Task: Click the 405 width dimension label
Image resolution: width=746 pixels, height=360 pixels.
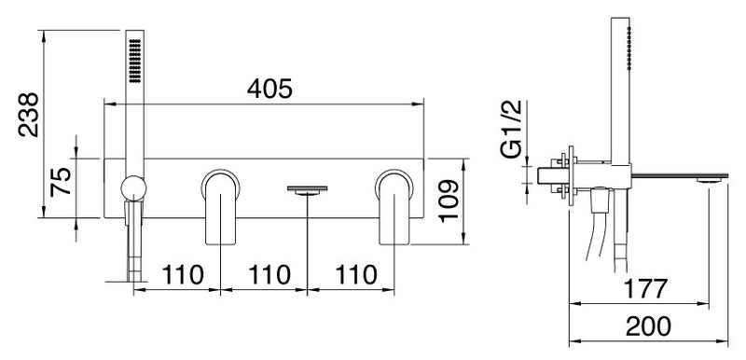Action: pos(269,89)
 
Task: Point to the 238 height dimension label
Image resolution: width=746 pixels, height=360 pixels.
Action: pos(29,115)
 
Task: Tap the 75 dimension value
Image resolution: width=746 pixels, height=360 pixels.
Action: pos(61,182)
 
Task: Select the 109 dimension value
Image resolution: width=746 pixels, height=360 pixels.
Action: pos(449,201)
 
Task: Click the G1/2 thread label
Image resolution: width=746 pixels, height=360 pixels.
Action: pos(511,130)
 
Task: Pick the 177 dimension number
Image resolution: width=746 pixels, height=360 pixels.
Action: pos(645,289)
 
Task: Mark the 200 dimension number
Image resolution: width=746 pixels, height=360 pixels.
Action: pos(648,326)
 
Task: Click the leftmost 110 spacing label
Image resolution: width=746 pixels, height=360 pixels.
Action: pos(183,275)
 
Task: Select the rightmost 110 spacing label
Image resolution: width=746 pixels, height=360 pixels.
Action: pos(356,275)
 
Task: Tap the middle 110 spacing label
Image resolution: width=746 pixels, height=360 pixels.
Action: pos(269,275)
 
